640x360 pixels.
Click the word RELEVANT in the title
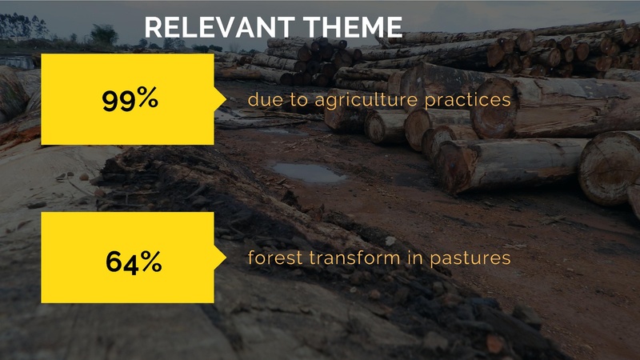[219, 27]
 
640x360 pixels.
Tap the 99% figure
[130, 99]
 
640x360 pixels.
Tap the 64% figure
[134, 262]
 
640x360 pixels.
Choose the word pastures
[470, 258]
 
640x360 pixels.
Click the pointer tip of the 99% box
[226, 99]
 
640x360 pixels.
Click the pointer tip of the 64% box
[226, 258]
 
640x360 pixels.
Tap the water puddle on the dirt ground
[308, 172]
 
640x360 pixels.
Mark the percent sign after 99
[147, 98]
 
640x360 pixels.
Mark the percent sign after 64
[151, 261]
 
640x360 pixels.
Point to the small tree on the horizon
[104, 34]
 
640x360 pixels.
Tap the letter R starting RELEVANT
[154, 27]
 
